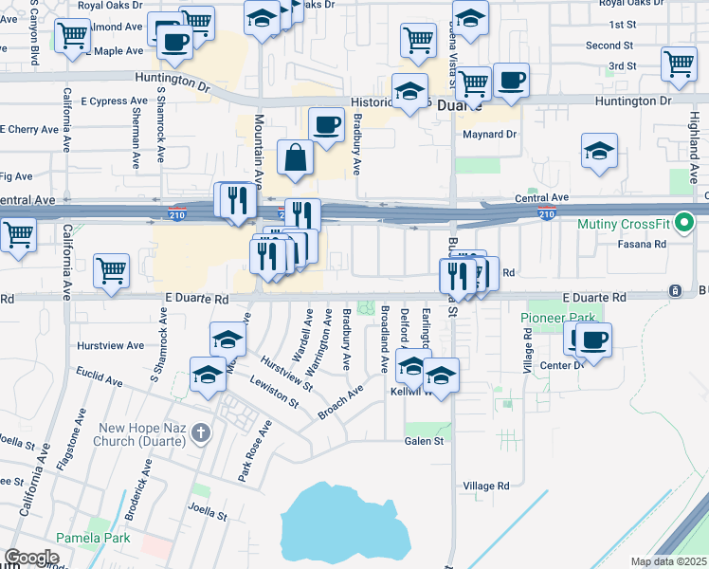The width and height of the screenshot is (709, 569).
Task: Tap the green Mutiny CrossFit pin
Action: [688, 226]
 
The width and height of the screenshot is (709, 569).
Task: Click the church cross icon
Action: [199, 434]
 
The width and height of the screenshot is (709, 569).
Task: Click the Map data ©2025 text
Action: [668, 562]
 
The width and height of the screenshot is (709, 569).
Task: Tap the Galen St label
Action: [424, 441]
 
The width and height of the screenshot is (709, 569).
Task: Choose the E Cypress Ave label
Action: [114, 101]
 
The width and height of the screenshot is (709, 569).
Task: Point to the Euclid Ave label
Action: [100, 377]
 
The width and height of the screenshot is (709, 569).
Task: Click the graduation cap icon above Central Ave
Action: [599, 151]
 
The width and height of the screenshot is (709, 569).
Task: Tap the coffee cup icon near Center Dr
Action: [593, 340]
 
